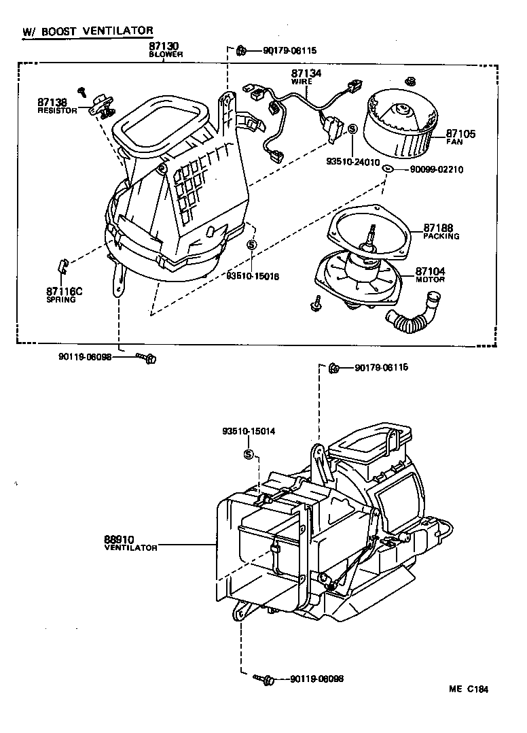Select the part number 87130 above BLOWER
pyautogui.click(x=165, y=47)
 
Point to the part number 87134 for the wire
pyautogui.click(x=306, y=73)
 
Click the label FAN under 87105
pyautogui.click(x=454, y=142)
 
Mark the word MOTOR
pyautogui.click(x=431, y=279)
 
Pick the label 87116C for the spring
pyautogui.click(x=65, y=291)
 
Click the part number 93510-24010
pyautogui.click(x=353, y=163)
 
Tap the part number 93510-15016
pyautogui.click(x=253, y=276)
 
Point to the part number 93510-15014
pyautogui.click(x=249, y=431)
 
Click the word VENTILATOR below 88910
pyautogui.click(x=131, y=547)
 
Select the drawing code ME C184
pyautogui.click(x=468, y=688)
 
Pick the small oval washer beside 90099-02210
pyautogui.click(x=386, y=169)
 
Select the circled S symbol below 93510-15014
pyautogui.click(x=249, y=454)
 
